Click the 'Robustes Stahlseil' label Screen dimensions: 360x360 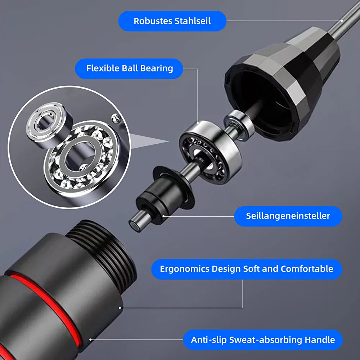point(172,21)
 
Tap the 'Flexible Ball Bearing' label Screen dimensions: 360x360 point(129,68)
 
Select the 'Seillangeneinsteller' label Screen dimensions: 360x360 point(288,216)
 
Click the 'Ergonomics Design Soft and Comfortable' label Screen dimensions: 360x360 point(247,269)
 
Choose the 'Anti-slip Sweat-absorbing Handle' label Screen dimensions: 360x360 point(263,340)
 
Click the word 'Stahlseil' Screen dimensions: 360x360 point(193,21)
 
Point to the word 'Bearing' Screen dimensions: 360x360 point(157,68)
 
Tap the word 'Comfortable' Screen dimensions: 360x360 point(307,269)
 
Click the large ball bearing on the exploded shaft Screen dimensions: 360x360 point(210,152)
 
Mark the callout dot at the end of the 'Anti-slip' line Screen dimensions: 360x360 point(90,339)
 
